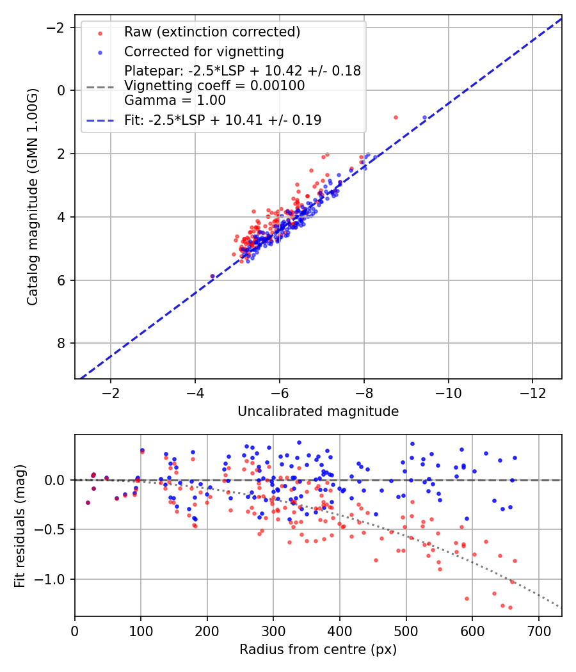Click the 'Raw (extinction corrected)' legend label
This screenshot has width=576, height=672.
tap(212, 32)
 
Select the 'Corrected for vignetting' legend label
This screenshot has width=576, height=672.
tap(204, 51)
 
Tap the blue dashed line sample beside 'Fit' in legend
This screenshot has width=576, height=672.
tap(100, 120)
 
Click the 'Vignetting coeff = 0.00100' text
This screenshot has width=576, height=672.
tap(214, 86)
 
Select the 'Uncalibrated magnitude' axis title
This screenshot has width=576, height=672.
tap(318, 412)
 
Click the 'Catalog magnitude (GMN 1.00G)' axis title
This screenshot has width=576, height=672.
tap(33, 196)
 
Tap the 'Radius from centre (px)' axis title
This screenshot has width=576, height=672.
tap(318, 650)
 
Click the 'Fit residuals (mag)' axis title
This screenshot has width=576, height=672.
tap(20, 525)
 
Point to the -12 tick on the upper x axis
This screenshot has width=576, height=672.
tap(532, 392)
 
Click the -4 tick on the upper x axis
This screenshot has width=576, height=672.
tap(195, 392)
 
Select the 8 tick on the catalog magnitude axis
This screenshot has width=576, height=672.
tap(61, 344)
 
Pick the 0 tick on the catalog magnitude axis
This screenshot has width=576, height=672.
tap(61, 90)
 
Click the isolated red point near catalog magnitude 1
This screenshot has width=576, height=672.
tap(396, 118)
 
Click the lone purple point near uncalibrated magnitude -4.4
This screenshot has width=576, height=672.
tap(212, 276)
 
